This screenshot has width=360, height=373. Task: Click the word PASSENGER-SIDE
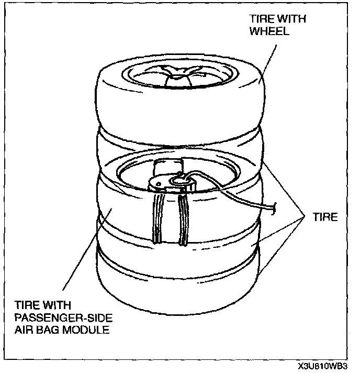click(55, 318)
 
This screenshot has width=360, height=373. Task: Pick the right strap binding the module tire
click(183, 220)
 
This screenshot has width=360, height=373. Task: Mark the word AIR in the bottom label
click(25, 330)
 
